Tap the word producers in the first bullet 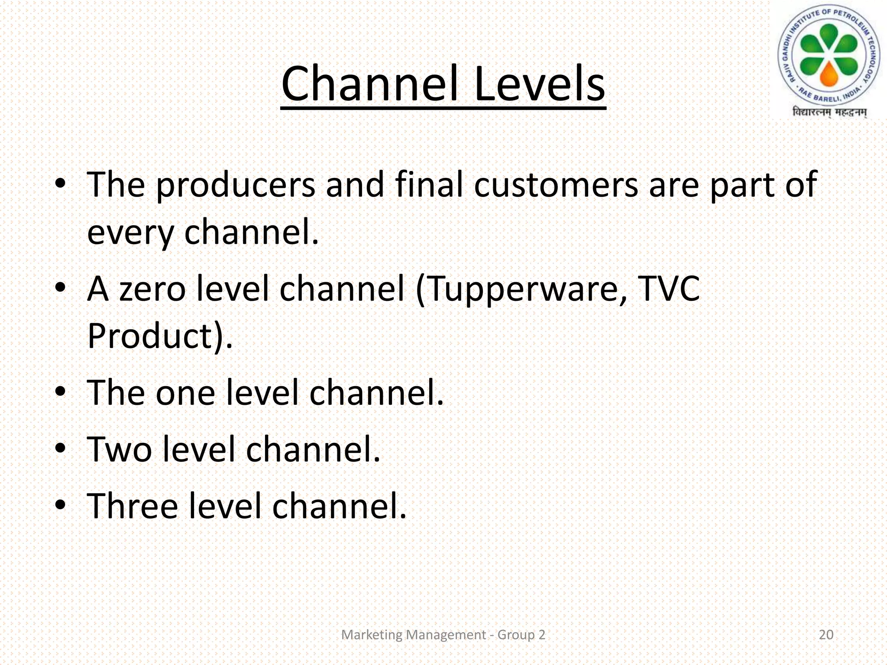pos(235,185)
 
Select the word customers pos(556,185)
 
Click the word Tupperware pos(521,289)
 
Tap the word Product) pos(160,336)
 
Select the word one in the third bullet pos(185,393)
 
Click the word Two pos(120,449)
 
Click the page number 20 pos(826,635)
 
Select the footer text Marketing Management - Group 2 pos(443,635)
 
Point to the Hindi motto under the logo pos(829,113)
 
